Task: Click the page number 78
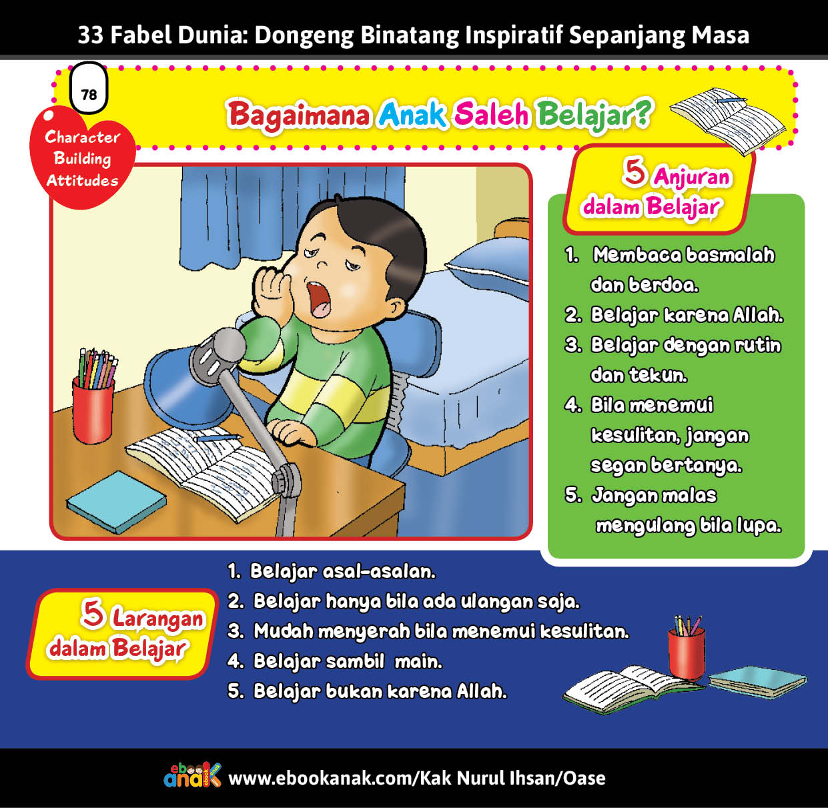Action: [x=89, y=95]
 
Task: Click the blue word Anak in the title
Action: [x=412, y=115]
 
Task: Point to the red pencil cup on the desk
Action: [x=93, y=409]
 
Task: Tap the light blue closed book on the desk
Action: [x=116, y=502]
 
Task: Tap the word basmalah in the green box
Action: [x=730, y=256]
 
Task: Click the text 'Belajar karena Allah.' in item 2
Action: [x=687, y=316]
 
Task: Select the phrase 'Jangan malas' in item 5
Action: [x=654, y=496]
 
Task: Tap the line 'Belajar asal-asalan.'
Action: [x=343, y=571]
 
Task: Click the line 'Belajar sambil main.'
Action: [x=348, y=662]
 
